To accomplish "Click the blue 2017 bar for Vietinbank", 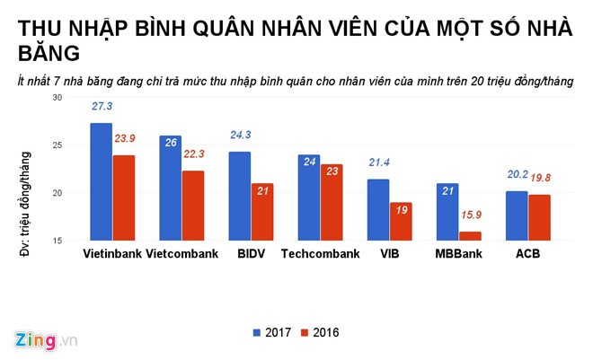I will coord(101,181).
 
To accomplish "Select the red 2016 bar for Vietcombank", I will coord(192,206).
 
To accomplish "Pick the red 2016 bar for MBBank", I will coord(468,236).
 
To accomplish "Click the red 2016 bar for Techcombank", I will coord(331,202).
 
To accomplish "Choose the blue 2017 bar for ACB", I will coord(517,215).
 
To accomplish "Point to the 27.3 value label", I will coord(102,106).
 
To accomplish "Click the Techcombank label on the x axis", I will coord(319,254).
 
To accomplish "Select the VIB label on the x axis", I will coord(389,254).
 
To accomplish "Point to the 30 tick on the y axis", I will coord(58,97).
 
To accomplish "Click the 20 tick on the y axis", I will coord(58,193).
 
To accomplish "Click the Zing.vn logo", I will coord(46,340).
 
